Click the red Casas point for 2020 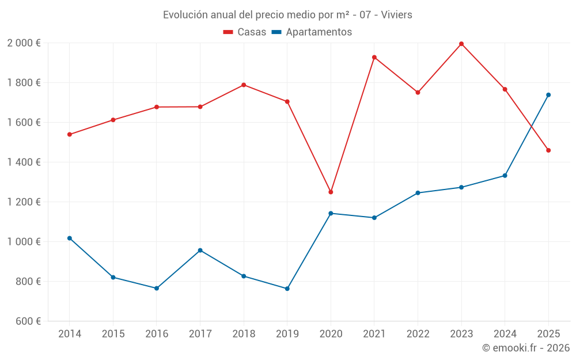(x=331, y=192)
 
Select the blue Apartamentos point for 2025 (x=548, y=95)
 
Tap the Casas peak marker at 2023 (x=461, y=44)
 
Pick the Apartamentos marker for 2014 (x=70, y=238)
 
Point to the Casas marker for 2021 (x=374, y=58)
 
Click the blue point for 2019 (x=287, y=289)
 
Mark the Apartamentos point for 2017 (x=200, y=251)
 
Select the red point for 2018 (x=244, y=85)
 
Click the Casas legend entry (x=245, y=32)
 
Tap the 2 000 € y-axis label (x=24, y=43)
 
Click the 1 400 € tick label (x=24, y=162)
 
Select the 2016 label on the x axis (x=157, y=334)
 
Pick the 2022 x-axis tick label (x=418, y=334)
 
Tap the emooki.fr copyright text (x=526, y=348)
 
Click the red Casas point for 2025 (x=548, y=150)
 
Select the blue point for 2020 (x=331, y=213)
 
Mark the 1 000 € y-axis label (x=24, y=242)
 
